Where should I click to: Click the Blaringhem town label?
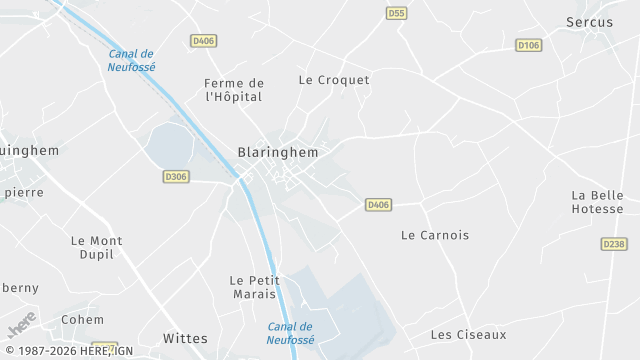278,153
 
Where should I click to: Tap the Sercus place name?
589,22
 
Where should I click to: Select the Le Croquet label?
334,80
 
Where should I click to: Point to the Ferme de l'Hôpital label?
233,90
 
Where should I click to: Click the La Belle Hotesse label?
597,202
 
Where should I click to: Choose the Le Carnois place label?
434,236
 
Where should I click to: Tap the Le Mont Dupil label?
97,247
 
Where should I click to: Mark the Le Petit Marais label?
254,287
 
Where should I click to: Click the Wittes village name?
185,338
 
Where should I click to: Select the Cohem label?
82,320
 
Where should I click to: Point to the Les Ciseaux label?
468,335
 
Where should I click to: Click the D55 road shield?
396,13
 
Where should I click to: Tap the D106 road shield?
528,45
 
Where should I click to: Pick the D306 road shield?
175,177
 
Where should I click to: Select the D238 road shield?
613,244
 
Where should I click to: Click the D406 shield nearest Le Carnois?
377,205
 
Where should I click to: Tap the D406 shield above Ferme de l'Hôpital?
203,41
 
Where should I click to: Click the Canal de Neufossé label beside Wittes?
291,333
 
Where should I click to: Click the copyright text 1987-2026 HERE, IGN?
68,351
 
